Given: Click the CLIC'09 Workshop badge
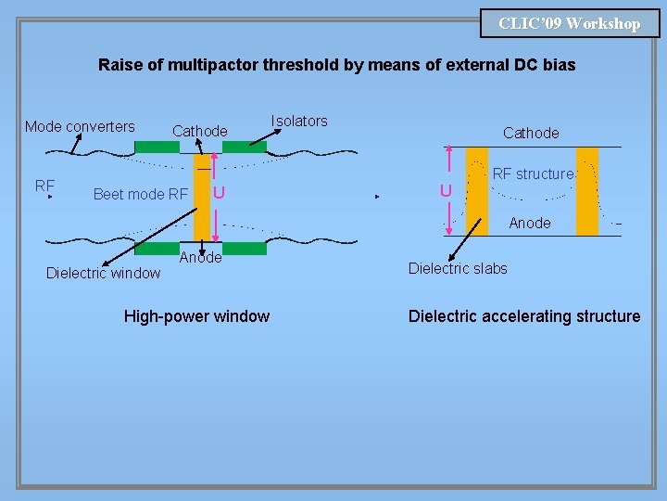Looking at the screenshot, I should pos(569,23).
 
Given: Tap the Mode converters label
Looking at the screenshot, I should pos(80,126).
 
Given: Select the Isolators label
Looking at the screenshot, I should pos(298,121).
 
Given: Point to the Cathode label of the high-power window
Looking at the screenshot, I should pos(199,131).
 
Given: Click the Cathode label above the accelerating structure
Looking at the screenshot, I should pos(530,133).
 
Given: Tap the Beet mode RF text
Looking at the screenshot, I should pos(140,194).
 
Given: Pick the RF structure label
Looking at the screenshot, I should pos(533,173).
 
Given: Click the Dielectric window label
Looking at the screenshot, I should pos(103,273).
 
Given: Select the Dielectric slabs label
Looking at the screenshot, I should pos(458,268).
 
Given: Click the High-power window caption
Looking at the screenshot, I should pos(196,316).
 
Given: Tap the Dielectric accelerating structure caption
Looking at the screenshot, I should pos(524,316).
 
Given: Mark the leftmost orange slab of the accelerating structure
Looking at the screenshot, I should pos(476,190).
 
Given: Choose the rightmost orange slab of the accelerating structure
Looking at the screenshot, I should pos(586,190).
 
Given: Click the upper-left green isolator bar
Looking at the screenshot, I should pos(157,147).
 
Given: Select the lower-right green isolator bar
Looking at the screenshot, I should pos(245,248).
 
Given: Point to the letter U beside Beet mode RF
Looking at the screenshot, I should pos(219,193).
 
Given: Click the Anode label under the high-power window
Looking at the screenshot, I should pos(200,258).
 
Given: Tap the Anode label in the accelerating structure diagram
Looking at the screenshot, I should pos(529,223).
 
